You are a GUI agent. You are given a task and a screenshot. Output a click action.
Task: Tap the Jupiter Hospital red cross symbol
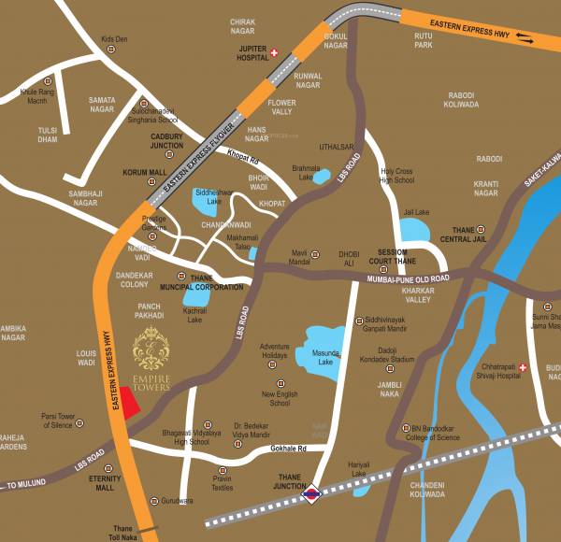click(274, 52)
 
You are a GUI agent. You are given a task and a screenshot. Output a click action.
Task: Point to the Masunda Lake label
click(325, 357)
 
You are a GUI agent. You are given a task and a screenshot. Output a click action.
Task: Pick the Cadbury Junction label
click(166, 141)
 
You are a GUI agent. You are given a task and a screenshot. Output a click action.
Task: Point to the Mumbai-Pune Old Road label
click(409, 279)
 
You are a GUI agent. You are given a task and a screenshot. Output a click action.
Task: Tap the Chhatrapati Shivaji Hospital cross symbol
click(524, 368)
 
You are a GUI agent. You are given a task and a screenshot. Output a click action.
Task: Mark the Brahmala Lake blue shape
click(322, 176)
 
